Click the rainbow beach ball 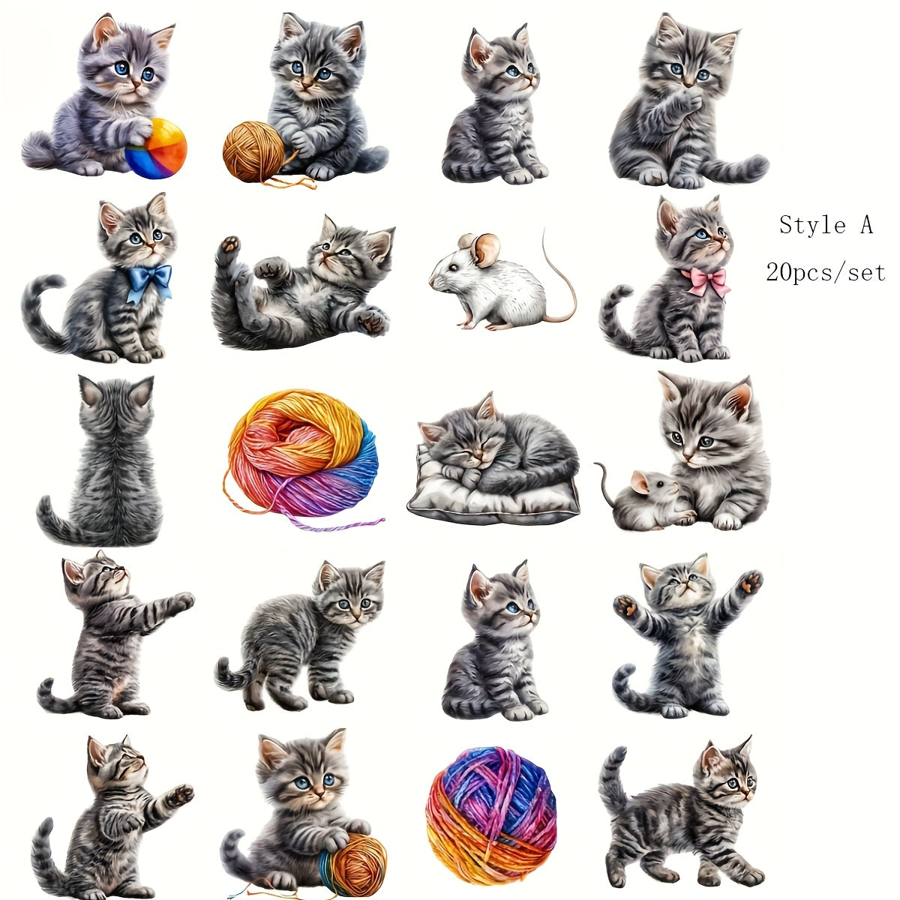point(156,148)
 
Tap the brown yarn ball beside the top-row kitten point(253,151)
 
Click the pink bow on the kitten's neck point(706,281)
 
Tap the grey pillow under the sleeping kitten point(493,499)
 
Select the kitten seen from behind point(100,460)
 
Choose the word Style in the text point(811,226)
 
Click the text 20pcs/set point(825,272)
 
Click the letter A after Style point(866,225)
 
